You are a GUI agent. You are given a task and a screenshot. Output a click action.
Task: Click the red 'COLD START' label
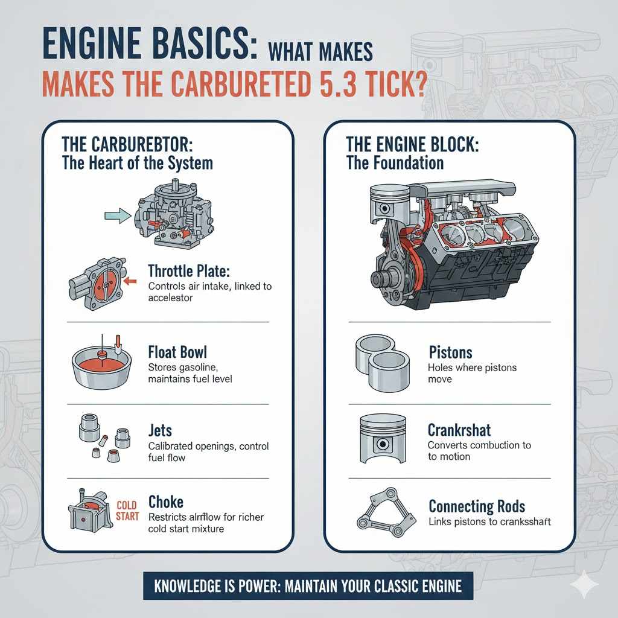[128, 511]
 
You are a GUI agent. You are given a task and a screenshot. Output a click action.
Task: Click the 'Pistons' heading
[450, 352]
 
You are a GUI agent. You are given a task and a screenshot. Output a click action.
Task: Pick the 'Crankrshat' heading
[459, 430]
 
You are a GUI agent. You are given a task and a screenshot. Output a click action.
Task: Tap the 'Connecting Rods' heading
[477, 506]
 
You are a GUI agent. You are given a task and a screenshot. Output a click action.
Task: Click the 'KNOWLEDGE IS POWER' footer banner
[308, 585]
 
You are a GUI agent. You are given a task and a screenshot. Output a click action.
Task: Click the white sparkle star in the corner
[584, 585]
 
